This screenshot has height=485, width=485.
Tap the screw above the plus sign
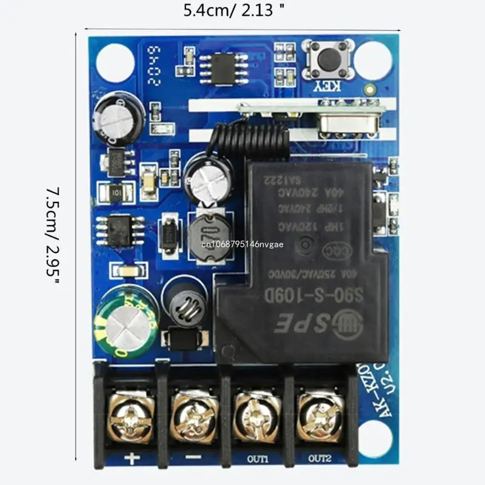(130, 416)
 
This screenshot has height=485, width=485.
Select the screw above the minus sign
(193, 416)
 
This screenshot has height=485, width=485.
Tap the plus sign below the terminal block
(130, 458)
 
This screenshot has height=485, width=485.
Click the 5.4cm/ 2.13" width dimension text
(234, 10)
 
